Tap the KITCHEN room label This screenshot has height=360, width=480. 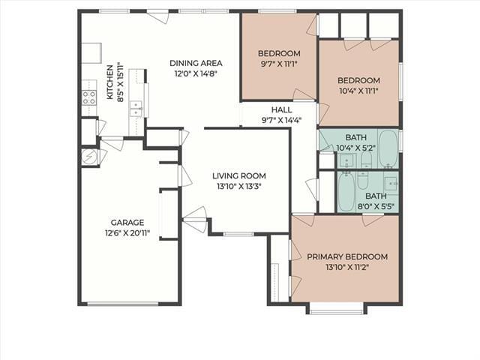[109, 82]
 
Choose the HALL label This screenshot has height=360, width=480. [282, 109]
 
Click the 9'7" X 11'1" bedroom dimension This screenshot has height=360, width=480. [279, 64]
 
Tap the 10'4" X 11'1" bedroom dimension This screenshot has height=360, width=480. [358, 91]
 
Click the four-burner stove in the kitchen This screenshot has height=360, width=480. [89, 97]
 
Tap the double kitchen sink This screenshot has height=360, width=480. [136, 108]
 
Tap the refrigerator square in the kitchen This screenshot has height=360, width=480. [91, 53]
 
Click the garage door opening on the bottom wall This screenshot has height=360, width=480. [123, 304]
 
